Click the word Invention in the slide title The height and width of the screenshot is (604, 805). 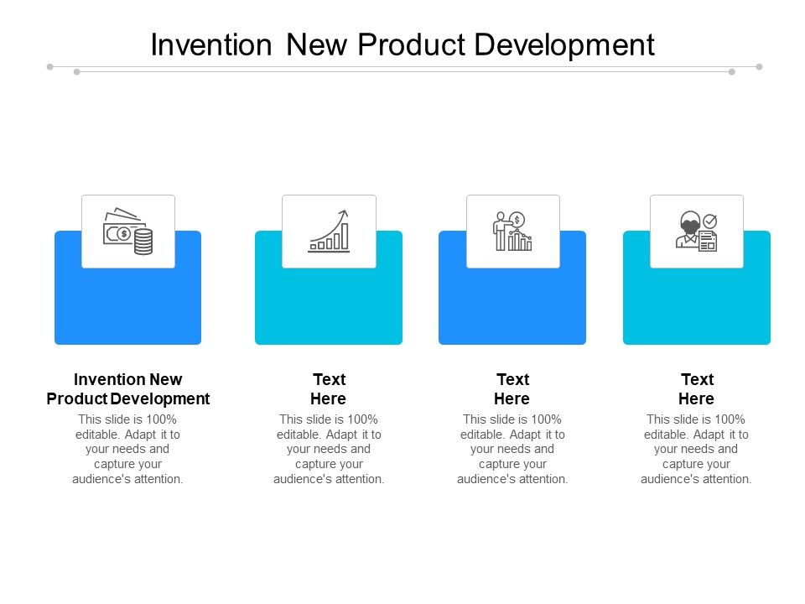pos(211,44)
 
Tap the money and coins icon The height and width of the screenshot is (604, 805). pos(127,232)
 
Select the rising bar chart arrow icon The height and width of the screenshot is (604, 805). pos(329,232)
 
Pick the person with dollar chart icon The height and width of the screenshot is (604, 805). pos(512,232)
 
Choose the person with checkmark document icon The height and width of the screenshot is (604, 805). pos(696,232)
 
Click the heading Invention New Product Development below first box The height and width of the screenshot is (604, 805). pos(127,388)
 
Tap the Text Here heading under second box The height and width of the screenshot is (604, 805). pos(329,388)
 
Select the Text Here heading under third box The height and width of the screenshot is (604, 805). pos(512,388)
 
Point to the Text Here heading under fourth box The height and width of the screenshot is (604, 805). pos(696,388)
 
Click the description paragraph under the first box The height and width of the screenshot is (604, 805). pos(127,449)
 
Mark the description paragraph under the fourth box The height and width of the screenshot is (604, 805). pos(696,449)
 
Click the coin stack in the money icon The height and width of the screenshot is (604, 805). pos(143,242)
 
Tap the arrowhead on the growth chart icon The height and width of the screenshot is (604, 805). pos(343,214)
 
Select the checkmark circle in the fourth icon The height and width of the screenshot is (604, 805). pos(710,221)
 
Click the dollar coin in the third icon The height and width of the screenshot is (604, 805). pos(517,220)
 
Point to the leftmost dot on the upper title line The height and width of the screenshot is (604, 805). pos(50,66)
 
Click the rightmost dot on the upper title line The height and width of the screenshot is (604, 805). pos(759,66)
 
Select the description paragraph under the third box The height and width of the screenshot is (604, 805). pos(512,449)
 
